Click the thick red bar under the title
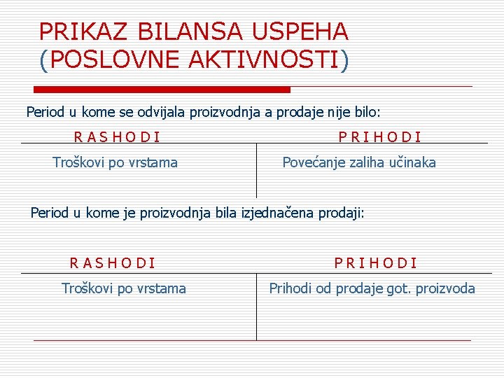(162, 90)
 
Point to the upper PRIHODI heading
(379, 137)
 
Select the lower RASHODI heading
(112, 263)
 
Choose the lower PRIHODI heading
(375, 263)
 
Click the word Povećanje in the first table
(313, 162)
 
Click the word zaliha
(363, 162)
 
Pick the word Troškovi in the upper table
(79, 162)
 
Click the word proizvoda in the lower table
(447, 288)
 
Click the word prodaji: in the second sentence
(342, 212)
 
